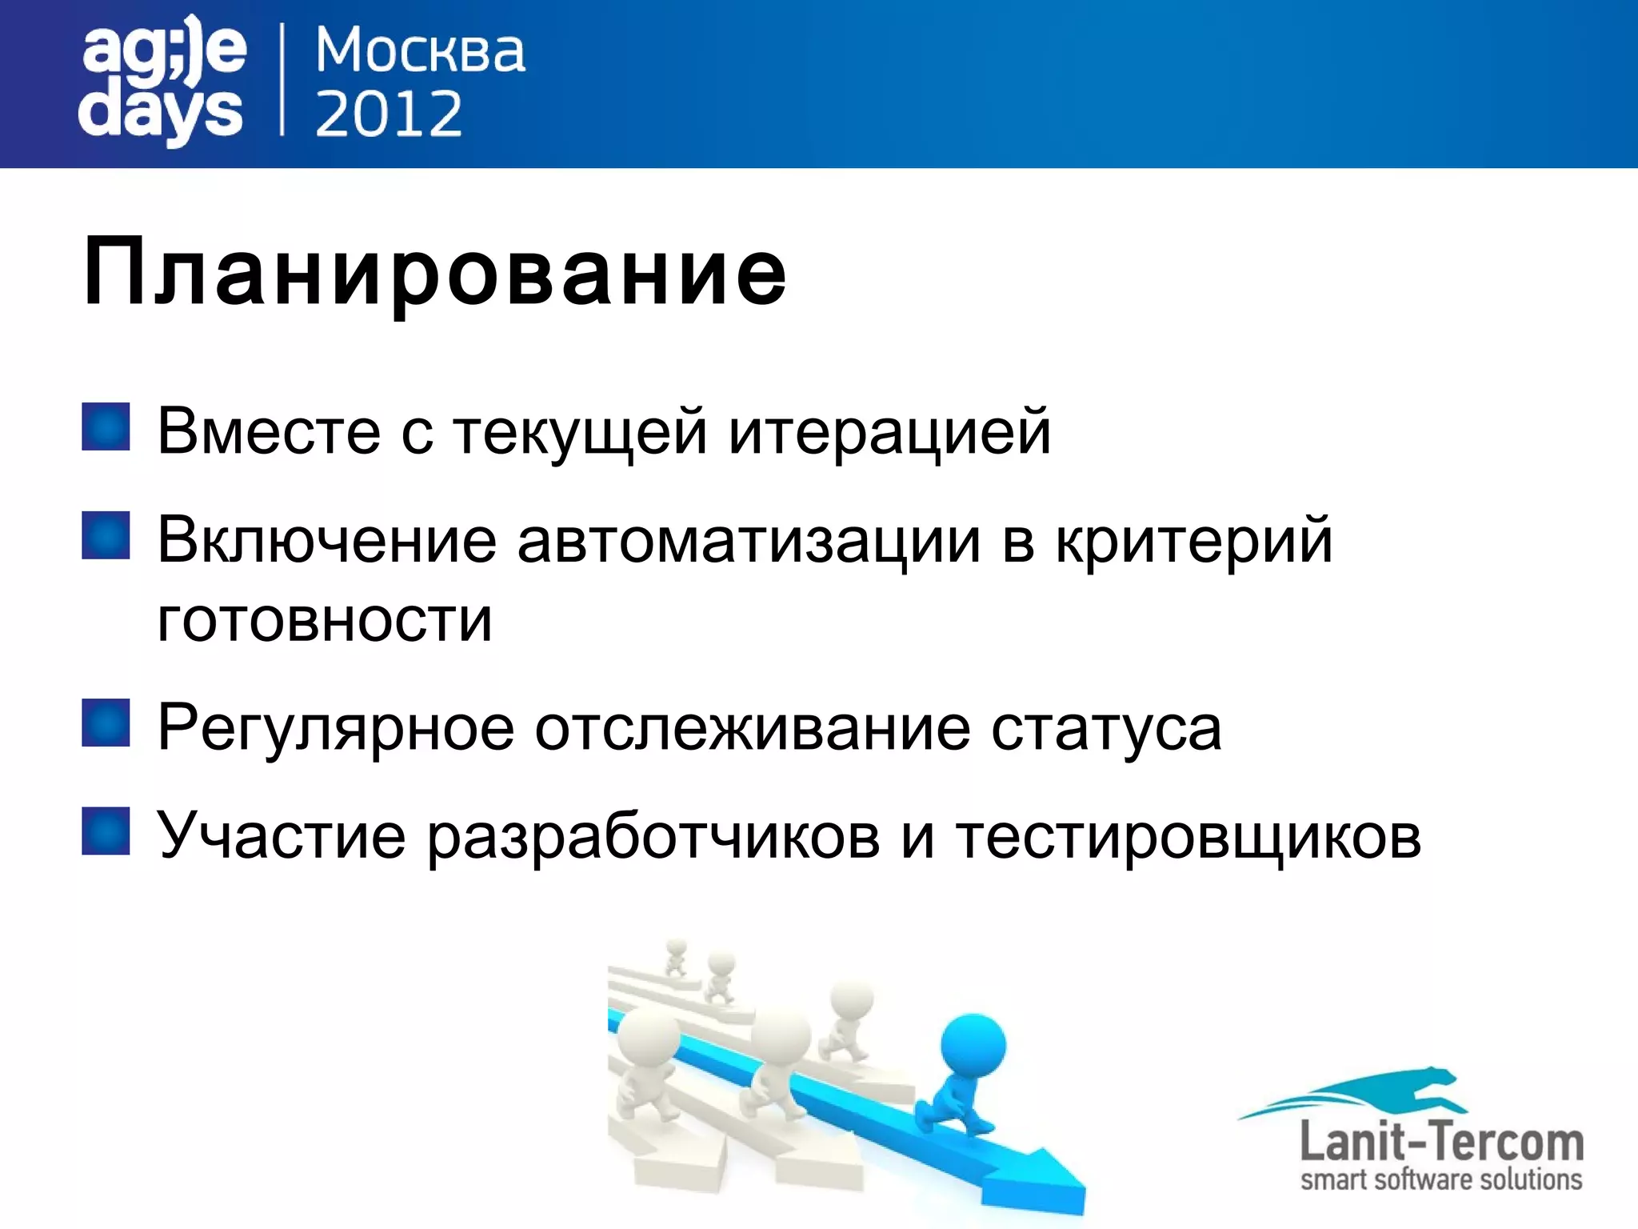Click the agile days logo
point(163,80)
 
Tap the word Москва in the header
point(420,51)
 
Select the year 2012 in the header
point(389,114)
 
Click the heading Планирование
point(435,272)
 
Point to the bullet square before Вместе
point(106,426)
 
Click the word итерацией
point(889,432)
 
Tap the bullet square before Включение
point(106,535)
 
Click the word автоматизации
point(749,542)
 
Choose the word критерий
point(1193,542)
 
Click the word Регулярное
point(336,729)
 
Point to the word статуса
point(1106,729)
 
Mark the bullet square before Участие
point(106,831)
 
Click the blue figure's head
point(973,1047)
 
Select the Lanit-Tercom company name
point(1441,1142)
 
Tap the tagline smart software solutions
point(1441,1180)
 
